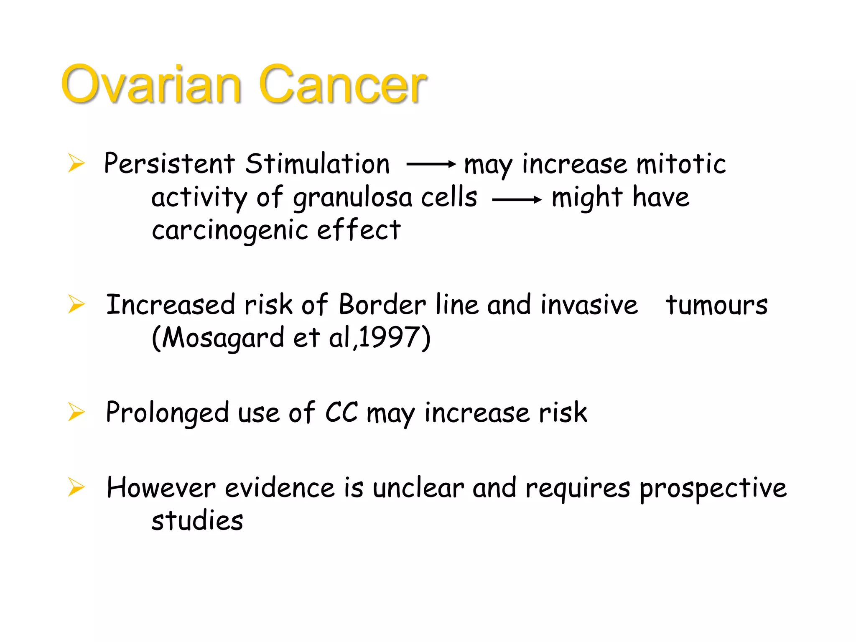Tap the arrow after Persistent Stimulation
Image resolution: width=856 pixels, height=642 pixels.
pos(431,164)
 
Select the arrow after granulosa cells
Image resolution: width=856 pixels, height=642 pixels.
pos(517,200)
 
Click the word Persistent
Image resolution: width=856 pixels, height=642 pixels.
pos(169,163)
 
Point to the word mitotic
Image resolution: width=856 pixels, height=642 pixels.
pos(681,163)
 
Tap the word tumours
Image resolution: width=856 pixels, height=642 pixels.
pos(716,305)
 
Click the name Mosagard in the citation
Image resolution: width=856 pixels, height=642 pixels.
pos(223,338)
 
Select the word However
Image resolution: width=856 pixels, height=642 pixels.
pos(161,488)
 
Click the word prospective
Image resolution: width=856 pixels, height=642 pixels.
pos(713,488)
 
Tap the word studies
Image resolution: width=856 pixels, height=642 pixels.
pos(197,521)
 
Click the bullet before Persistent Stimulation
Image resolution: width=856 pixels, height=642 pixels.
pos(76,163)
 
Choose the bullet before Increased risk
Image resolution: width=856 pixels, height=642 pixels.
pos(76,304)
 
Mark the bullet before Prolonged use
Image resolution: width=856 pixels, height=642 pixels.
pos(76,412)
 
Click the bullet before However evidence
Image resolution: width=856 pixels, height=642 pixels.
pos(76,487)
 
